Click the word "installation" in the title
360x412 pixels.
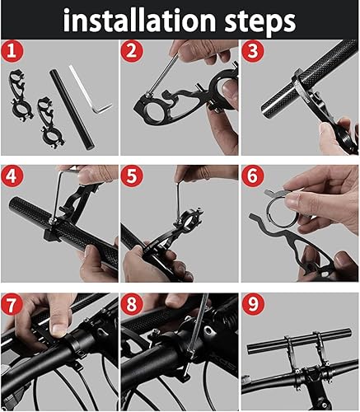click(137, 20)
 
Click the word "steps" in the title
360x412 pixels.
click(255, 20)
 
